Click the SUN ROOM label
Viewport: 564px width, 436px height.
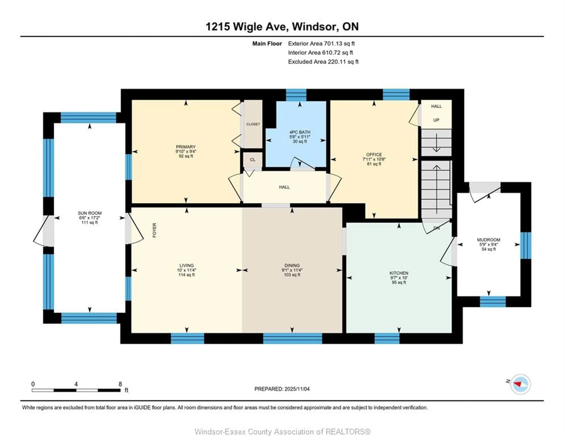click(x=90, y=213)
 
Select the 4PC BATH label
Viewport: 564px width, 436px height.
click(x=300, y=132)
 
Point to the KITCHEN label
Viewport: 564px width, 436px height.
click(x=399, y=273)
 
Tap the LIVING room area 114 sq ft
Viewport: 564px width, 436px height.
click(x=186, y=275)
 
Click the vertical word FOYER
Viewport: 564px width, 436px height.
click(x=154, y=230)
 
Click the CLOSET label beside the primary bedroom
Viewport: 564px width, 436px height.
click(x=253, y=124)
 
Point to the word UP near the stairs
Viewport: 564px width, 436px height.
click(x=436, y=120)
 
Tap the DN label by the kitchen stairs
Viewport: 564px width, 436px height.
click(x=436, y=228)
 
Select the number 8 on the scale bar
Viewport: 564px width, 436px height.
click(x=120, y=384)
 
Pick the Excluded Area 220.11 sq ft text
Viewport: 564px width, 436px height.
click(x=323, y=62)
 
